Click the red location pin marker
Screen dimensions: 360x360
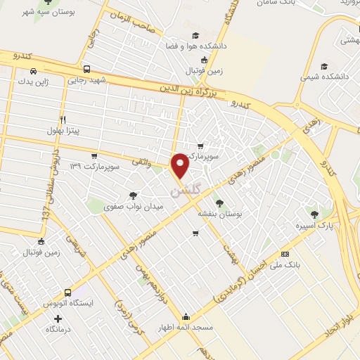pos(180,165)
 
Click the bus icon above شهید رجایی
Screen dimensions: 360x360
pos(86,70)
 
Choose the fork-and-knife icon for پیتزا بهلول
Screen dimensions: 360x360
pos(63,120)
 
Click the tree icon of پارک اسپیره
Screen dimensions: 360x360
pos(314,214)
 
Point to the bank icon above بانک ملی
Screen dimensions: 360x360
pos(284,253)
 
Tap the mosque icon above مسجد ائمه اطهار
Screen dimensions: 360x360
pos(185,316)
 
